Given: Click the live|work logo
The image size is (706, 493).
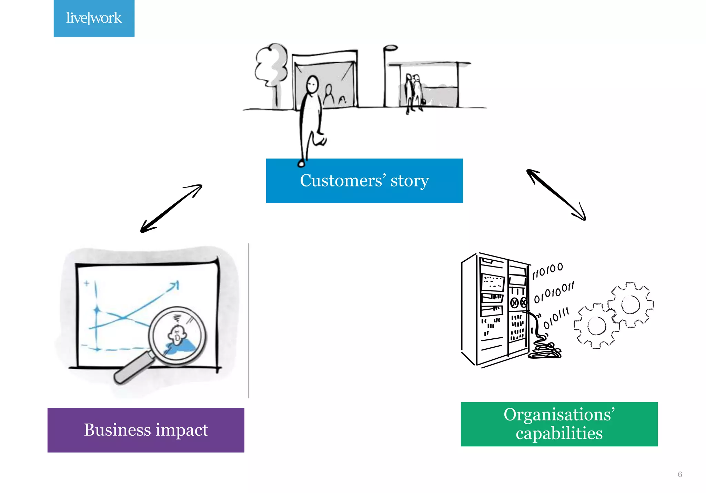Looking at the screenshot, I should coord(94,18).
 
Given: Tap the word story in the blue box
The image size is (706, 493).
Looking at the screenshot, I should coord(410,181).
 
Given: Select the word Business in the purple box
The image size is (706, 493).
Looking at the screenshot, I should coord(117,430).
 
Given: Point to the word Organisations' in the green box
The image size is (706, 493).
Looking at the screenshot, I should coord(559,414).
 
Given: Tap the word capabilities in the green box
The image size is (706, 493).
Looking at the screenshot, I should coord(559,433).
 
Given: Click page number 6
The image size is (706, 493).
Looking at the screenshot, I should coord(679,474).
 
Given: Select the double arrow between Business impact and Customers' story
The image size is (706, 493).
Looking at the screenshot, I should coord(171,209).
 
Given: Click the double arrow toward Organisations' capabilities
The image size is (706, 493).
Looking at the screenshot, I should coord(556,195).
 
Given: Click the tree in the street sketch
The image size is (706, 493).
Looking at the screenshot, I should coord(272,66).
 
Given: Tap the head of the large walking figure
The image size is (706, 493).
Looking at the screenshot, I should coord(312,84).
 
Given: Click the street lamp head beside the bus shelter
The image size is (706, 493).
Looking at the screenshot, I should coord(391,48).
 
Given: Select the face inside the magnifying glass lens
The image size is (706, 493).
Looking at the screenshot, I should coord(177,334).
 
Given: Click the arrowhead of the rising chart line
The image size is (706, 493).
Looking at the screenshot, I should coord(175,285).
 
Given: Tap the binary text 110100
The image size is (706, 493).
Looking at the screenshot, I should coord(547,271).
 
